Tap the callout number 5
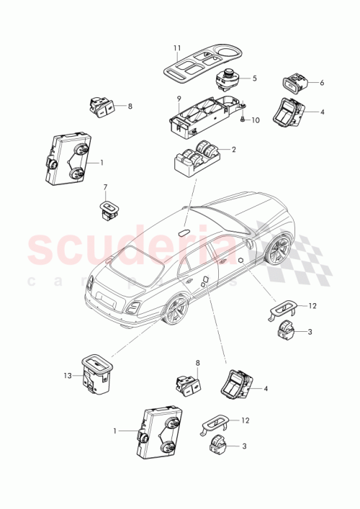(x=254, y=78)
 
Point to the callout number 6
(x=321, y=83)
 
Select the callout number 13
(x=66, y=374)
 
